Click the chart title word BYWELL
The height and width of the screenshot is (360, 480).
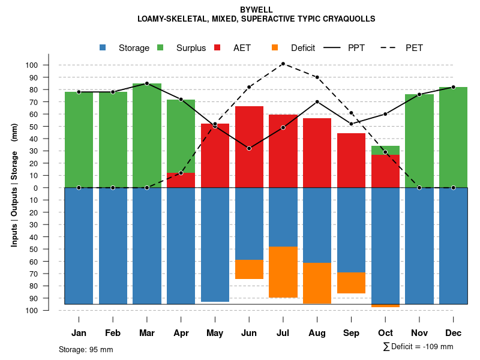coord(256,10)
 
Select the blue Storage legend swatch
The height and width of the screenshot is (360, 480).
coord(103,47)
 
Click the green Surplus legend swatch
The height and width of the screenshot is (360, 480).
coord(160,47)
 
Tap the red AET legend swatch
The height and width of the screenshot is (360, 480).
coord(217,47)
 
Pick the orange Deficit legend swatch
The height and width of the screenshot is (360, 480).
coord(275,47)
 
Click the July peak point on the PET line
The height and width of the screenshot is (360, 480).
coord(283,64)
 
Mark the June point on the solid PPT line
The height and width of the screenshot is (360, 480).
coord(249,148)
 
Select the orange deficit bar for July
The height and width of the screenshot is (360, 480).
coord(283,272)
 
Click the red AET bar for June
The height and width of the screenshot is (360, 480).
coord(249,147)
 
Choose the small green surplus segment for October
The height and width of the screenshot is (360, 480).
coord(385,150)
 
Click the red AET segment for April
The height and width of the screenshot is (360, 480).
coord(181,180)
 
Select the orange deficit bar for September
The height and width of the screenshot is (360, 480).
coord(351,283)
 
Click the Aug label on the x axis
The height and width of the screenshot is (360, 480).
coord(317,333)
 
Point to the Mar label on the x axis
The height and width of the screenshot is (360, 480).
coord(147,333)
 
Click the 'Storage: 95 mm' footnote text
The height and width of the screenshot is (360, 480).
coord(86,349)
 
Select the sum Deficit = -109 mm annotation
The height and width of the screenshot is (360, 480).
coord(418,346)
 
